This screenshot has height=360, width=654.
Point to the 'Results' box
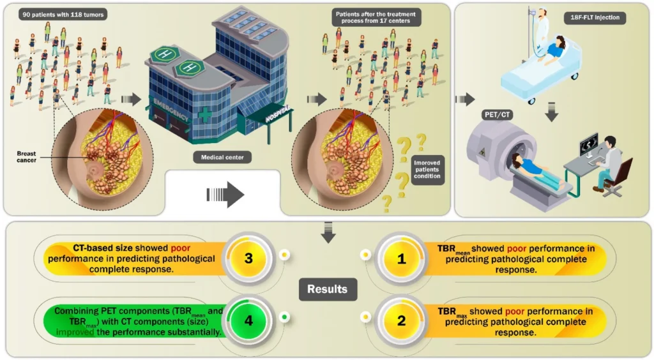[x=327, y=289]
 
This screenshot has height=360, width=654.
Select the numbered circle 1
[x=401, y=258]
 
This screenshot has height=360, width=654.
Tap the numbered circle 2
[x=401, y=320]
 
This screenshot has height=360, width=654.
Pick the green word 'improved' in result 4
[x=70, y=333]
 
